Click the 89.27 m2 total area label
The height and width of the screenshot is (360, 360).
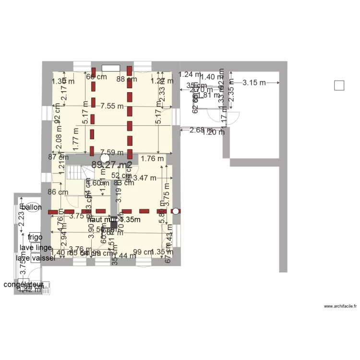[x=111, y=165]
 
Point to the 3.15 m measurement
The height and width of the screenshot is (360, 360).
[x=254, y=83]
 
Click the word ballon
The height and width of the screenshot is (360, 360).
[x=32, y=207]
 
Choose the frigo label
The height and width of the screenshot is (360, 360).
[x=36, y=237]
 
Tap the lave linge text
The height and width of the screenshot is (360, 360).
[x=36, y=248]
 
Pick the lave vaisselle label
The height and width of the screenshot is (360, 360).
[x=36, y=258]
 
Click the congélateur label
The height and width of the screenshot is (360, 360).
[x=24, y=285]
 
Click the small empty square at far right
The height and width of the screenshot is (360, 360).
[x=339, y=85]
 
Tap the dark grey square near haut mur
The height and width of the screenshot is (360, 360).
[x=114, y=223]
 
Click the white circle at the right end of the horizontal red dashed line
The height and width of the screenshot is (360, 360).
[x=176, y=211]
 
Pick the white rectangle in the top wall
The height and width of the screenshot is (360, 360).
[x=111, y=68]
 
